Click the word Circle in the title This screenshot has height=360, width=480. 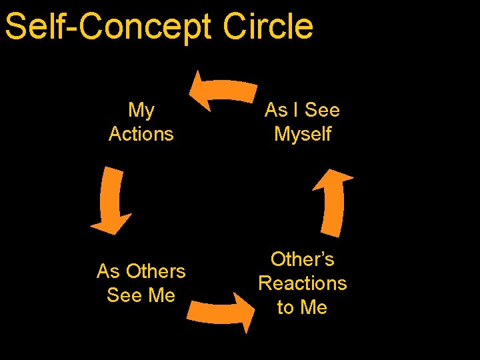[268, 27]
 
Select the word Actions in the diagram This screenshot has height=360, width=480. [141, 134]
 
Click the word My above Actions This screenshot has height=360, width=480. [141, 110]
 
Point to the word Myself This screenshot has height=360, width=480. [303, 134]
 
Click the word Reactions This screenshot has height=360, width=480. [303, 283]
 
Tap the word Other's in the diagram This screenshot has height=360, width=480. [303, 259]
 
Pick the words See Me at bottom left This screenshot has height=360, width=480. [141, 295]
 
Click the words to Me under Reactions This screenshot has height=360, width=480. [303, 307]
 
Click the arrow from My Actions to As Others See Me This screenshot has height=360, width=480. [110, 200]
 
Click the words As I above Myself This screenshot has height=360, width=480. [285, 110]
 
